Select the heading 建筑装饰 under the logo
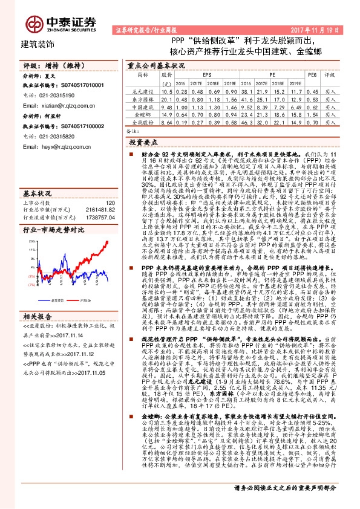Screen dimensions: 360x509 (x=38, y=44)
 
